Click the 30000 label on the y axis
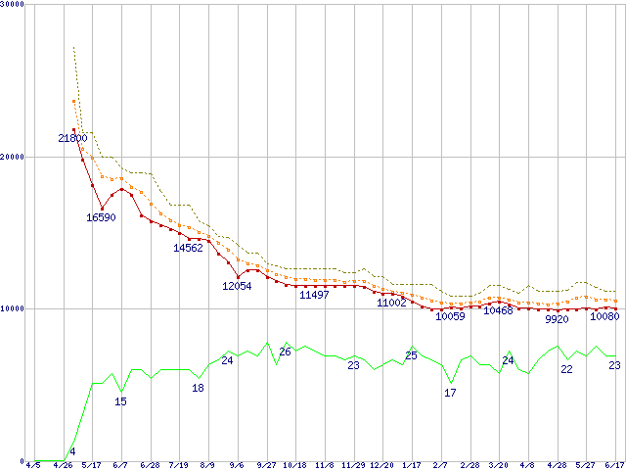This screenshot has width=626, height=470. click(14, 5)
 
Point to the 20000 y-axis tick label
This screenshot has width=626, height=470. click(14, 157)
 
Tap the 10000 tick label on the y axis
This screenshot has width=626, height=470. click(14, 308)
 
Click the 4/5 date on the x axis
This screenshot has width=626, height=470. click(33, 464)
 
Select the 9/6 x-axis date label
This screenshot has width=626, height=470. click(236, 464)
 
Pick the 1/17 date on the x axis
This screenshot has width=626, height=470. click(411, 464)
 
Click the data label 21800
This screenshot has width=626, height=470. click(73, 139)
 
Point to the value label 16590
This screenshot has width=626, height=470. click(101, 217)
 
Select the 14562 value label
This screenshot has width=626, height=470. click(189, 249)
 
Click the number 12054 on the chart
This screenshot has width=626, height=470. click(237, 286)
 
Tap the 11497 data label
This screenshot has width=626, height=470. click(314, 295)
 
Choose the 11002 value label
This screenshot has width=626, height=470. click(391, 304)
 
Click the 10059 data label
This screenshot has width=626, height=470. click(450, 316)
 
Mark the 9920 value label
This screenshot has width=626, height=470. click(557, 319)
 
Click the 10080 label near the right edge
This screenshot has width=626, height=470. click(604, 316)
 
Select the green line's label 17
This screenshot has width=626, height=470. click(450, 393)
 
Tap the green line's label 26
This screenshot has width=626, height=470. click(286, 352)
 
